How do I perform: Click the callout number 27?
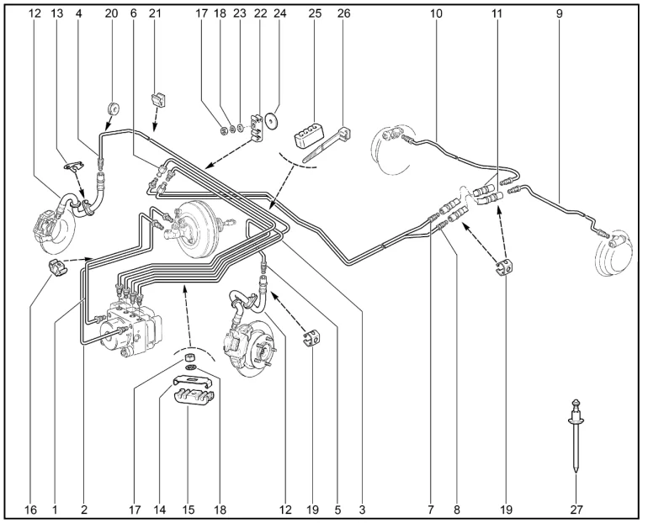576,510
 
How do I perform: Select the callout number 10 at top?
435,13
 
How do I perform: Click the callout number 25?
315,13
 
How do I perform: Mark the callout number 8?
458,510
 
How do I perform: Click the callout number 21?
154,13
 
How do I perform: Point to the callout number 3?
362,510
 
